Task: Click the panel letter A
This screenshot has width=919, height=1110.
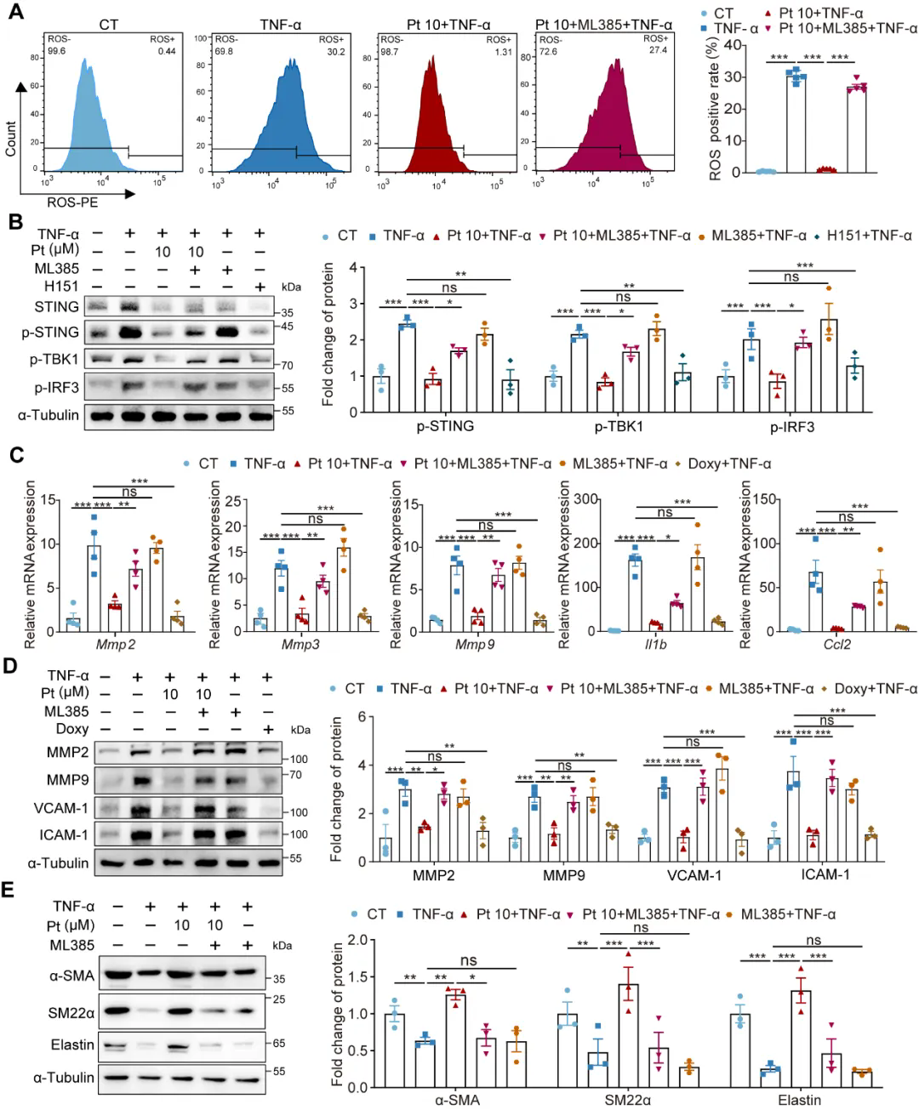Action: pyautogui.click(x=15, y=14)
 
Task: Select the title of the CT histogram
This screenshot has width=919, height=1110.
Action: pyautogui.click(x=109, y=25)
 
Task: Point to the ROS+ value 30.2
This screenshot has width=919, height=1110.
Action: pyautogui.click(x=336, y=52)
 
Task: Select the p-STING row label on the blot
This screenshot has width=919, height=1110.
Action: pyautogui.click(x=50, y=332)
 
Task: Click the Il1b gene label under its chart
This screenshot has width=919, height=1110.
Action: pyautogui.click(x=655, y=644)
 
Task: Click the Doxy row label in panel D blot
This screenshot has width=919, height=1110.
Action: pyautogui.click(x=72, y=729)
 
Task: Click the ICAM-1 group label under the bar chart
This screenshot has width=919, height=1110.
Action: pyautogui.click(x=825, y=874)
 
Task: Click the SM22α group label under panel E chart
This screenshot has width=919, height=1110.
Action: pyautogui.click(x=628, y=1100)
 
